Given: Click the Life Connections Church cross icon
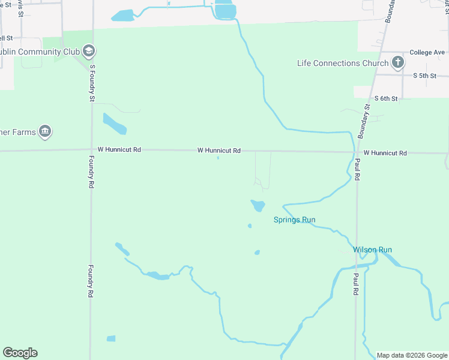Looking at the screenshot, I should [x=397, y=62].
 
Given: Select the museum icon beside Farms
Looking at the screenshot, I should [x=44, y=131].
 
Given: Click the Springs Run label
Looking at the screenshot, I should [x=294, y=220].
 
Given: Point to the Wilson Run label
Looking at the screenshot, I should [x=372, y=250].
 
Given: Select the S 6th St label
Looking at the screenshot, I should [x=386, y=98].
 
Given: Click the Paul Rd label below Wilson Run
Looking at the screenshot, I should [x=356, y=284].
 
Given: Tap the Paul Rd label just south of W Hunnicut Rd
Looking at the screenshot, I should [x=357, y=170].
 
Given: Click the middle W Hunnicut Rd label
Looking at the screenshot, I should [x=219, y=150].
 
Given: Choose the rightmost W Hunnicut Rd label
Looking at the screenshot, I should [x=385, y=153].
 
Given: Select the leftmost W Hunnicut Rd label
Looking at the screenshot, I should [x=119, y=149].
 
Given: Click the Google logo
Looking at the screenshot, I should [x=20, y=353].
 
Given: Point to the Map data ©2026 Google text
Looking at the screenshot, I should [x=412, y=355].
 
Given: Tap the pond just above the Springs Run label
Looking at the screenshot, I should [x=258, y=206].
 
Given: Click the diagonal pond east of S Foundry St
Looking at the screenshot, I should [x=114, y=124].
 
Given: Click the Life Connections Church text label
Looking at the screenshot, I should [x=343, y=63].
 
